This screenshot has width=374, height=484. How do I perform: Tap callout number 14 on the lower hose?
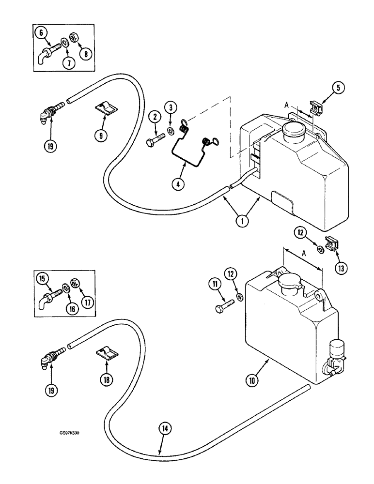pos(165,428)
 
